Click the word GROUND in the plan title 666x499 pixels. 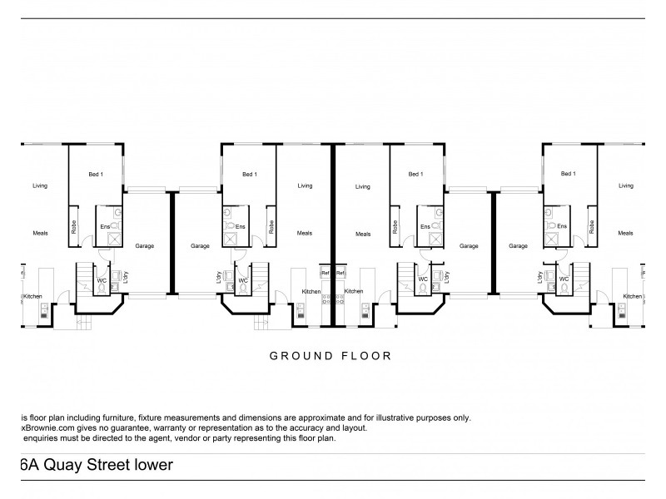click(294, 355)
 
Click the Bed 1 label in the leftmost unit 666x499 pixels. click(96, 175)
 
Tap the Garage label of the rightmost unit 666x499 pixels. click(519, 246)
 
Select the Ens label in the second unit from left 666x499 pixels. click(241, 227)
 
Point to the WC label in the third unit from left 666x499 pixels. click(423, 279)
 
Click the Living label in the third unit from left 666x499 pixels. click(362, 186)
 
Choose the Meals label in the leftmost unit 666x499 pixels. click(39, 234)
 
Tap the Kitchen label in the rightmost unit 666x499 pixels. click(633, 296)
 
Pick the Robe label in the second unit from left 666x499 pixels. click(271, 226)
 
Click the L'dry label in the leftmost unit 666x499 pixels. click(126, 278)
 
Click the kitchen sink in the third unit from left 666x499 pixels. click(366, 312)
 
